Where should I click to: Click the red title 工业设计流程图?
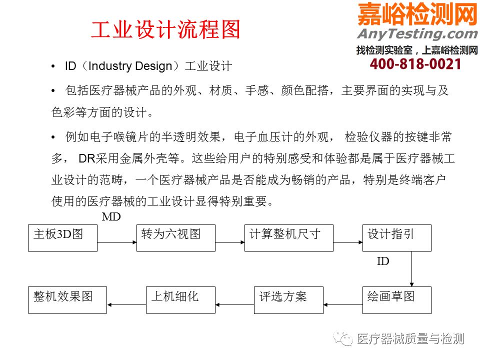tap(165, 29)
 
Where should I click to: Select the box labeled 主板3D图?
tap(63, 238)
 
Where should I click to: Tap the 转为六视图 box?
tap(175, 238)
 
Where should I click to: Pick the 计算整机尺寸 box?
tap(288, 238)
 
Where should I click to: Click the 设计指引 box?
tap(396, 238)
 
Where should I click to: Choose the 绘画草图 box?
tap(396, 300)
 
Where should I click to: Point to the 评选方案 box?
tap(288, 300)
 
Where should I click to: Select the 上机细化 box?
tap(180, 300)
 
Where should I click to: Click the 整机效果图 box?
tap(67, 300)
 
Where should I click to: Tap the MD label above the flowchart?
tap(111, 216)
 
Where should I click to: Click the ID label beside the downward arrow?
tap(383, 261)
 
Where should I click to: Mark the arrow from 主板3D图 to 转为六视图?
tap(117, 242)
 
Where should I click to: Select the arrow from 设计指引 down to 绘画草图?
tap(411, 269)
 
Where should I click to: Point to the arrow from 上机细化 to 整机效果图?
tap(126, 304)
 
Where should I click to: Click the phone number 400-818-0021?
tap(415, 64)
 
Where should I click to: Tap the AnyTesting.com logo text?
tap(417, 33)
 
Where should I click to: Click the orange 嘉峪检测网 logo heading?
tap(417, 14)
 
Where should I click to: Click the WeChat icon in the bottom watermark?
tap(343, 339)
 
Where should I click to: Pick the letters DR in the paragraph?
tap(87, 158)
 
